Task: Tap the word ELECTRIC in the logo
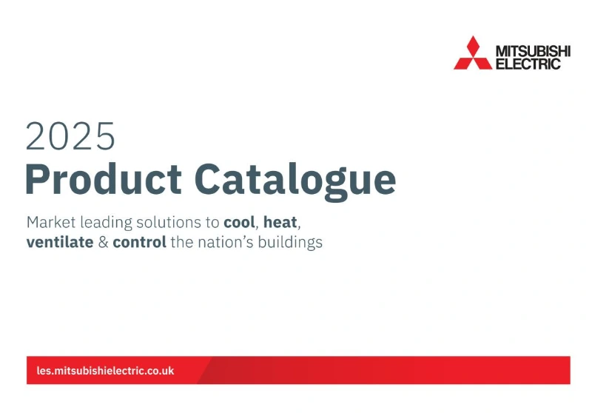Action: [527, 64]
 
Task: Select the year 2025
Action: [70, 136]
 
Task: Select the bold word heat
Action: [281, 222]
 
